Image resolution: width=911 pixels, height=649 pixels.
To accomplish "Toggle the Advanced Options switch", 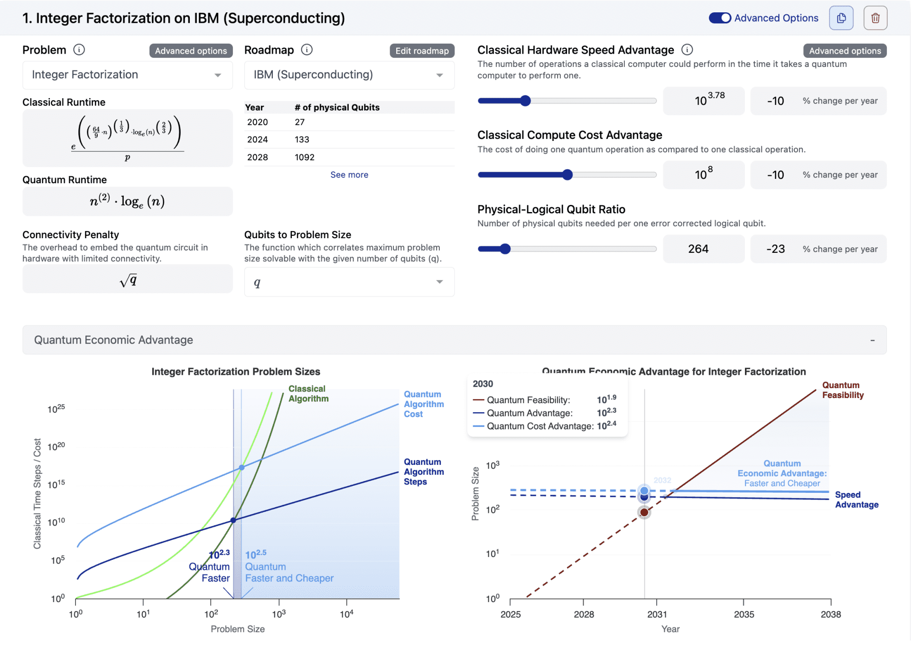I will point(720,18).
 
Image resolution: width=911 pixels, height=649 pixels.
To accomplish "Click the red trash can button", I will point(875,18).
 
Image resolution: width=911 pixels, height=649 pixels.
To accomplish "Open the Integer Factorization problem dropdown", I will point(127,75).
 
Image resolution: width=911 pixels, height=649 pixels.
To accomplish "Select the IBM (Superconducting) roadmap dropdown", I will point(349,75).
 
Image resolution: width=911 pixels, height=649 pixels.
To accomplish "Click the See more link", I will point(349,175).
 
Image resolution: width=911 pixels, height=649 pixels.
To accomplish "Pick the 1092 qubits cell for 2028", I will point(304,157).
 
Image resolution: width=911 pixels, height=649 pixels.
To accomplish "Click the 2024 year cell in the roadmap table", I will point(257,139).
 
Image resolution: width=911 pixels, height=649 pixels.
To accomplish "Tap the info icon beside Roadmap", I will point(307,50).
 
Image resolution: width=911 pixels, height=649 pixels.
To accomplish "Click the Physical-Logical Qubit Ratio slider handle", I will point(505,249).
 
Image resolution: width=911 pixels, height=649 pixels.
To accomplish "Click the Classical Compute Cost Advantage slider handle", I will point(567,175).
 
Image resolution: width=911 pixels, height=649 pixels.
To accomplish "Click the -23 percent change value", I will point(775,249).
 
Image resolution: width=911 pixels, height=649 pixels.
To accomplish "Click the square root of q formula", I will point(128,280).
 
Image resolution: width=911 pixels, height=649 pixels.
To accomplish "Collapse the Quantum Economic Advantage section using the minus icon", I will point(872,340).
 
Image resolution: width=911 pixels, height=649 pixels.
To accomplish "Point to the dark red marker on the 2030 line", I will point(644,512).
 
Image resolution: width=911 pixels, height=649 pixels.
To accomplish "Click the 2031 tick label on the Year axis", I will point(657,614).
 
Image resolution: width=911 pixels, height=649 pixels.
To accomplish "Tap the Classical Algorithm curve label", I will point(308,394).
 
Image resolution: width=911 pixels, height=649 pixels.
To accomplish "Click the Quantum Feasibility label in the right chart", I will point(842,390).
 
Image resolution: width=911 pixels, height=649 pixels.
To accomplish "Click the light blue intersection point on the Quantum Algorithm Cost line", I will point(242,468).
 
